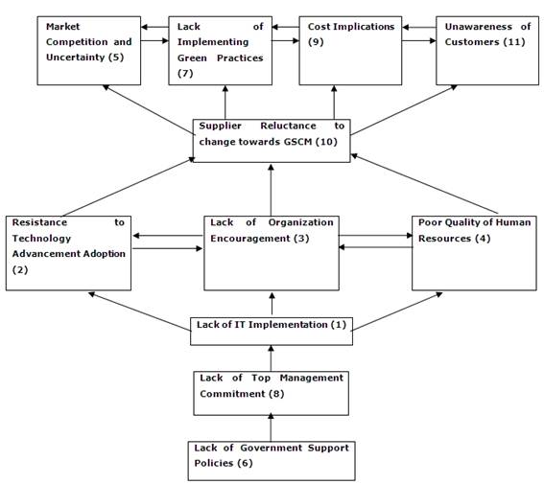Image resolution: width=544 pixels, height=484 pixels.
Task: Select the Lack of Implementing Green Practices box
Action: point(219,50)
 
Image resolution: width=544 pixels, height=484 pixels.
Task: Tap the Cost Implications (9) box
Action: point(349,50)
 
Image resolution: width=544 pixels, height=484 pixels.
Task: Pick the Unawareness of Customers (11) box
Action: point(485,50)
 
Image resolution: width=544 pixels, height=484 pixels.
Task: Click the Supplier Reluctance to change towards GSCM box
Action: point(272,140)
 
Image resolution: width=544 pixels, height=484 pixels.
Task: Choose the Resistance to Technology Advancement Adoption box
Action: point(68,252)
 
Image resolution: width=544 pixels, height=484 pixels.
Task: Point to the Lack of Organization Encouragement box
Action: point(271,252)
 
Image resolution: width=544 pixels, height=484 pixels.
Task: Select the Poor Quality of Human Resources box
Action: point(474,252)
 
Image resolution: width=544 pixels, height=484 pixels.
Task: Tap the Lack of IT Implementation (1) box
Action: point(271,326)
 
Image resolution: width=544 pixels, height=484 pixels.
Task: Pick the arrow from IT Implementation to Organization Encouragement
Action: point(271,303)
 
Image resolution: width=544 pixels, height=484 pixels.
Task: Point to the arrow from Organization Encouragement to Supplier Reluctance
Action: point(271,189)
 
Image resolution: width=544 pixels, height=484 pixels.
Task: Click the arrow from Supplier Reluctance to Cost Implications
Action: point(335,102)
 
